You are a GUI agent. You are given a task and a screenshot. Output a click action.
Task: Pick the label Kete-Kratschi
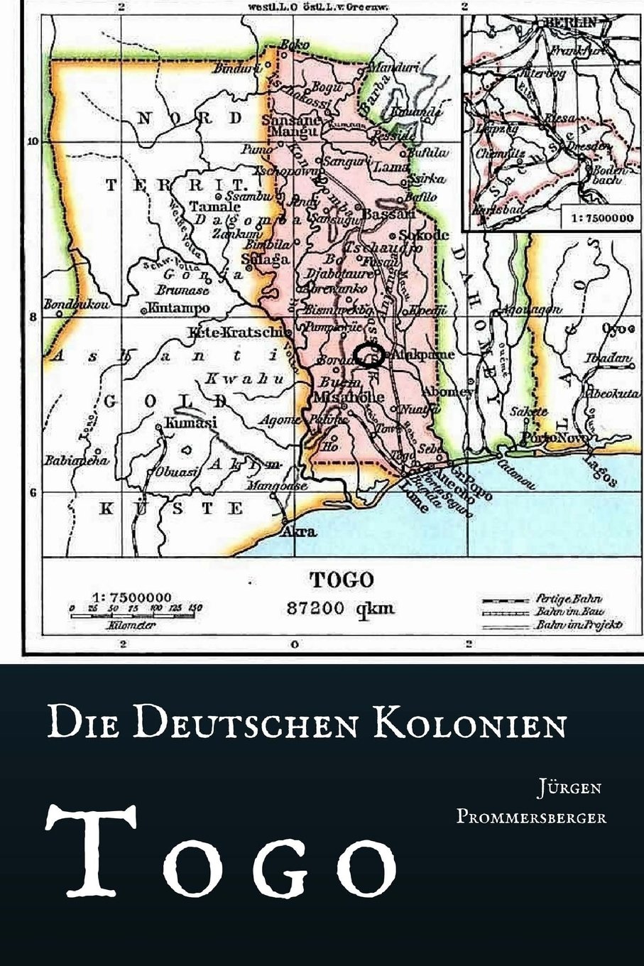click(237, 332)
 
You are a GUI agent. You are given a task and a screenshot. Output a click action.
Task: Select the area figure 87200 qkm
click(340, 608)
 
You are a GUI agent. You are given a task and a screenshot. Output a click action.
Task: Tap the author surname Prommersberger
click(531, 817)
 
